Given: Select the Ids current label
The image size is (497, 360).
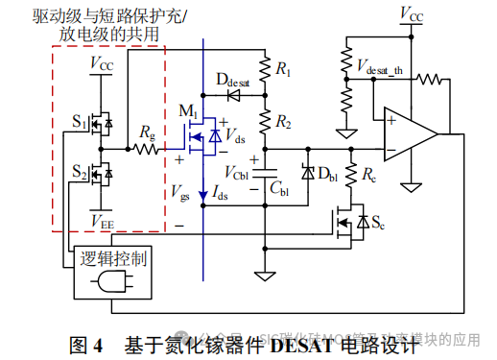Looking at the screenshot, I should [222, 198].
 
